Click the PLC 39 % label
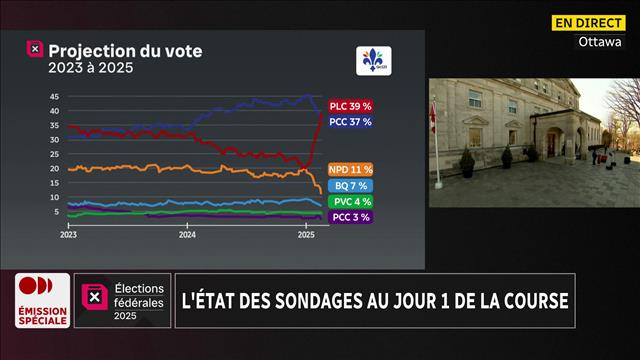(351, 105)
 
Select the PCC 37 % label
(351, 121)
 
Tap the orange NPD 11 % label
(351, 169)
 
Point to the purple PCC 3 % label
(350, 216)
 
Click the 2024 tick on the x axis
(187, 235)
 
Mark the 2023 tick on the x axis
(69, 235)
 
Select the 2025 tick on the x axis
(307, 235)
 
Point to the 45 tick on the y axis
(54, 97)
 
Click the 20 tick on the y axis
(54, 168)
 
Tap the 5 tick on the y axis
(56, 211)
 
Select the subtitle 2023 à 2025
(90, 68)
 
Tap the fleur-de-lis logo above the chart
(374, 61)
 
